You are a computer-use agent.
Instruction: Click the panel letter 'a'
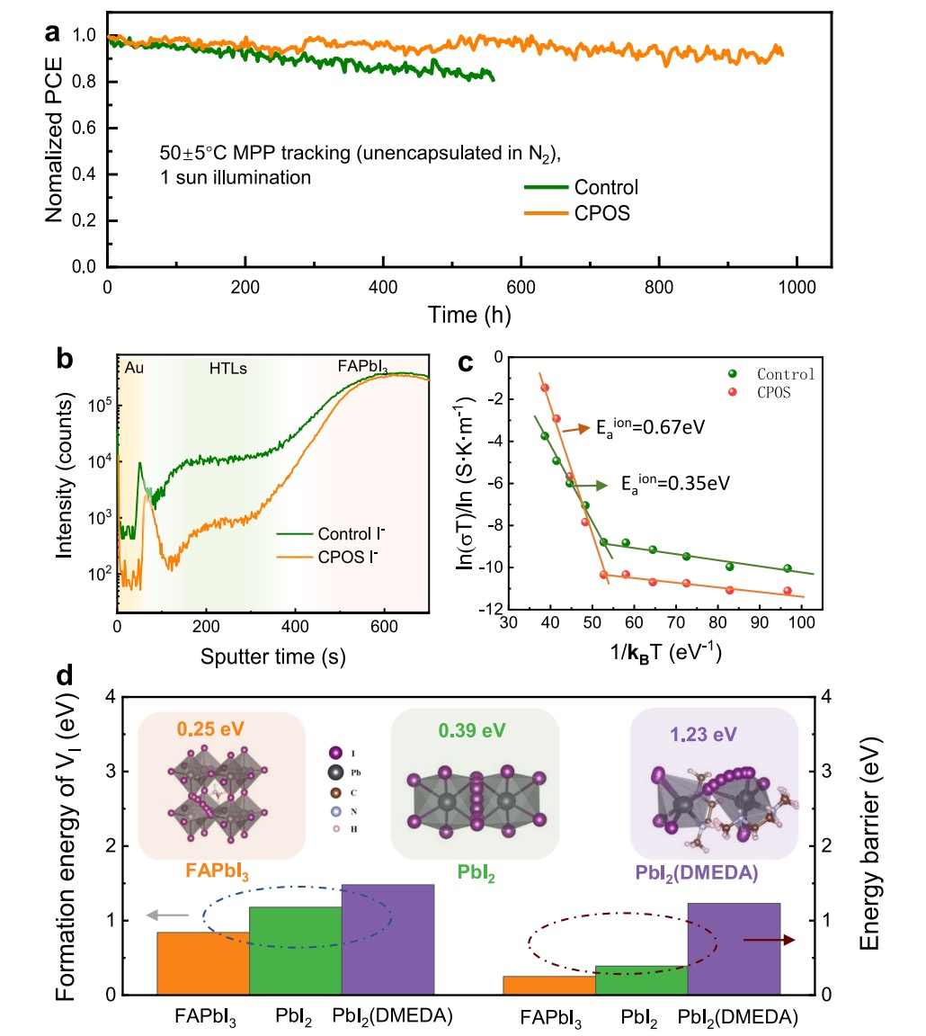click(x=54, y=32)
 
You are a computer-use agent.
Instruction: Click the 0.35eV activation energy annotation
click(x=673, y=483)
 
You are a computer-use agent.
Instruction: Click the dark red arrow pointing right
click(x=774, y=940)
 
